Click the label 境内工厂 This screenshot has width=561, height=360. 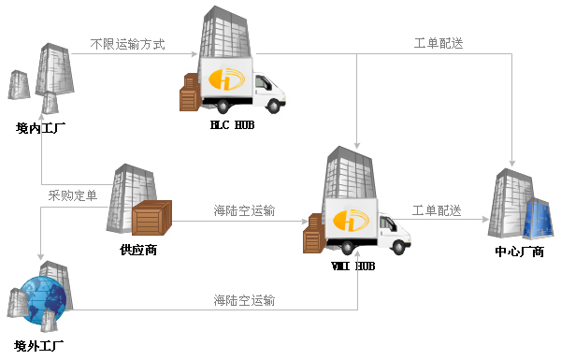click(40, 128)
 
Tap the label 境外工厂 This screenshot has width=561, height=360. click(39, 346)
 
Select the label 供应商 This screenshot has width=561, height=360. click(138, 250)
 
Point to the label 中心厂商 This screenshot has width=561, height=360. click(520, 252)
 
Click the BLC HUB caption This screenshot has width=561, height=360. click(232, 125)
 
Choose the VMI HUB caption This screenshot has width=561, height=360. click(353, 266)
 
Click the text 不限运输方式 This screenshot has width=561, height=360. click(128, 44)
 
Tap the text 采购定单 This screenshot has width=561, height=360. click(73, 195)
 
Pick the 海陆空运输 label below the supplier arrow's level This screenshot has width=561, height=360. click(244, 300)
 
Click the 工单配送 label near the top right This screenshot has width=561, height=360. click(439, 43)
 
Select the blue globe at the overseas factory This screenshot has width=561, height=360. click(43, 300)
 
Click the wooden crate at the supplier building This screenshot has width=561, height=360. click(151, 218)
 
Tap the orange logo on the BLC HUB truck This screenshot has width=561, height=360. click(226, 79)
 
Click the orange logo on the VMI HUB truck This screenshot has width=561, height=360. click(351, 220)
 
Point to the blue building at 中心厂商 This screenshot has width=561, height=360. click(538, 218)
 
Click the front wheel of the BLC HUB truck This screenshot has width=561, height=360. click(274, 106)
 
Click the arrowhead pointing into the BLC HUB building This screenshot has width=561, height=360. click(194, 54)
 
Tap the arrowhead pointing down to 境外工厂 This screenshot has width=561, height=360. click(41, 256)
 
